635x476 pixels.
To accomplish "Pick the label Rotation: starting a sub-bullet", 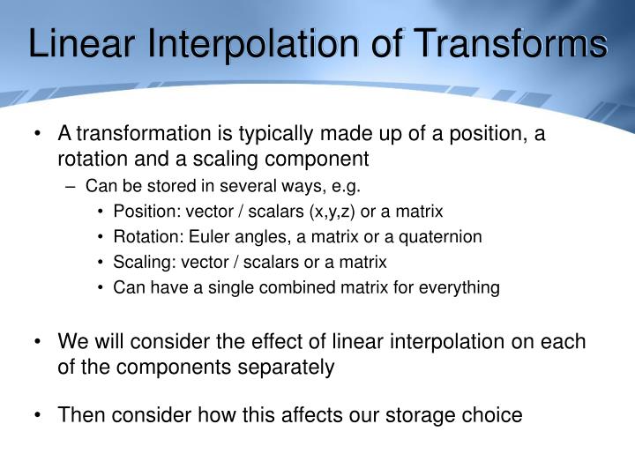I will (145, 236).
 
